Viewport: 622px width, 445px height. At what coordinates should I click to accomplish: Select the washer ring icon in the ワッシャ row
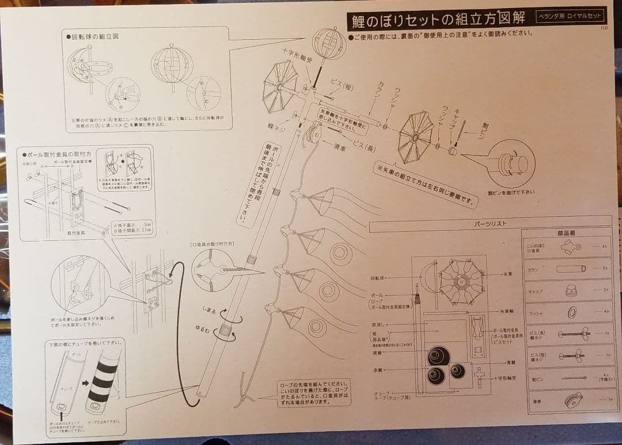coord(571,312)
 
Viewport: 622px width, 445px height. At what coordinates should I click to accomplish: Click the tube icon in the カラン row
coord(571,268)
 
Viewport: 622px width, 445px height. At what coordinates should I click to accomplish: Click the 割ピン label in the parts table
coord(536,379)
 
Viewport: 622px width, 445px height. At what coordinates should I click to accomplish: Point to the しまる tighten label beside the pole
coord(209,311)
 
